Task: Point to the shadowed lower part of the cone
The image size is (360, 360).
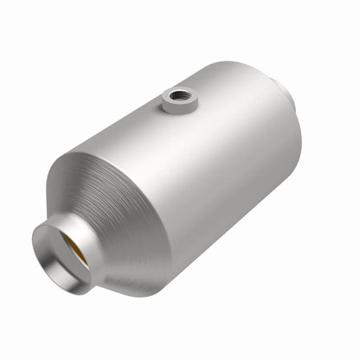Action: (x=130, y=260)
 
